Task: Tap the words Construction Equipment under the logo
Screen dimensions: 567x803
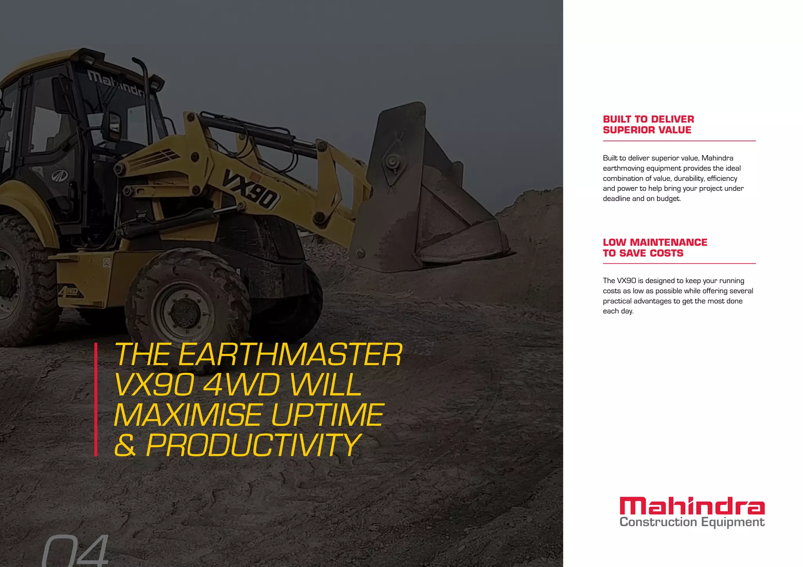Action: click(692, 522)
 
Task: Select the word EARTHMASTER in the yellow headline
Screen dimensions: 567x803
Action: click(291, 355)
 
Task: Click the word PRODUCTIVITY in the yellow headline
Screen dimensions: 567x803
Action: click(253, 445)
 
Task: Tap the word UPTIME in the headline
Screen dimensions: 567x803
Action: click(327, 415)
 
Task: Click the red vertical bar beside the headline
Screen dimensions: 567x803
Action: click(96, 399)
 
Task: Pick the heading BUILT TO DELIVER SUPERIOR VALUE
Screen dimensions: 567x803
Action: click(648, 125)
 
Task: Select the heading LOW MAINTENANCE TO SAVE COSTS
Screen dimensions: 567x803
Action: click(655, 248)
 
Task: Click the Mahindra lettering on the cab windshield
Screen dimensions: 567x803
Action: click(116, 83)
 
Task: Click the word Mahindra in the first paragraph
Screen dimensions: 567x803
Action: click(717, 158)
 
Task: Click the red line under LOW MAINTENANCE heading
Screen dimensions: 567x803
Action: click(679, 264)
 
